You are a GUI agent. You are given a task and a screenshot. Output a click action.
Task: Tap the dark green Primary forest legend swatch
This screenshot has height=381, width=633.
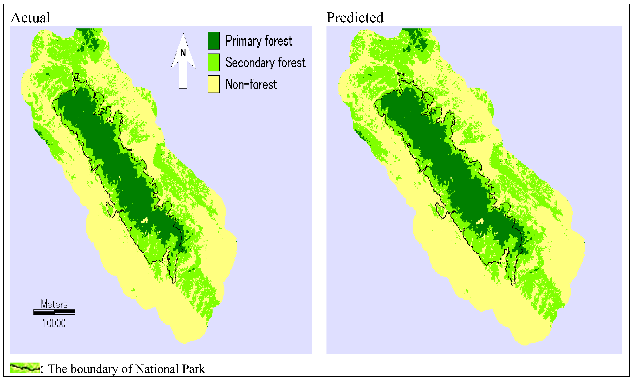pos(213,41)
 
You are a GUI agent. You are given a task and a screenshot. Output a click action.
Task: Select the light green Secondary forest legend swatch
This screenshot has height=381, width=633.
pos(213,62)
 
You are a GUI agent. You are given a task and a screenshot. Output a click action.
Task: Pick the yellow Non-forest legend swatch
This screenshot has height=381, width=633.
pos(213,84)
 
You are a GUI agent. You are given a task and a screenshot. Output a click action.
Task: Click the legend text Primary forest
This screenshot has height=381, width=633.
pos(259,41)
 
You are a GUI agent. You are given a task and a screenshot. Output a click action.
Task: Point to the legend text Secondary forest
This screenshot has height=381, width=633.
pos(265,63)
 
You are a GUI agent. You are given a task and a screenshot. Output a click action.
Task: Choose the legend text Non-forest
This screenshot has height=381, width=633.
pos(251,85)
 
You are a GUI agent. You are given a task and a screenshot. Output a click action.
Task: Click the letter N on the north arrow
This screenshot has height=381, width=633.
pos(183,53)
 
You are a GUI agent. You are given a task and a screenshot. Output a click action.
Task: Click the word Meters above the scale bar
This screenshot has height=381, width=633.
pos(54,305)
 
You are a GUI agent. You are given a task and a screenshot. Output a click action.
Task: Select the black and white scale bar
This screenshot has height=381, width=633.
pos(54,312)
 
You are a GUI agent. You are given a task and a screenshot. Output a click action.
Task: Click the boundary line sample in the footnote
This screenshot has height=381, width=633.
pos(25,368)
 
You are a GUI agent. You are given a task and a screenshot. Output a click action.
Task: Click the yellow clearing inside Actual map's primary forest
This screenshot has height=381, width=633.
pos(145,220)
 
